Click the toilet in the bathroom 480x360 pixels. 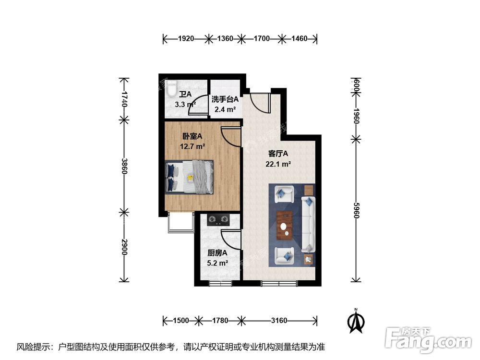click(171, 88)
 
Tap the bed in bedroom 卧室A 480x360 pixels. click(189, 177)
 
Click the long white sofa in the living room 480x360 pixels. click(308, 224)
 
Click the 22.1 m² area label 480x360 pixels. click(278, 164)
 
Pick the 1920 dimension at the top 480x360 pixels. click(186, 38)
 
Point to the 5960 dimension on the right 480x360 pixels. click(356, 209)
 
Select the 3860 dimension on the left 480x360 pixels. click(124, 167)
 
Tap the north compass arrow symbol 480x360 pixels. click(355, 322)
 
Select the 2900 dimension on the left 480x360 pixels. click(124, 247)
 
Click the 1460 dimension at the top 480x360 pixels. click(299, 38)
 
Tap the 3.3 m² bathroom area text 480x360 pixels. click(184, 104)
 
